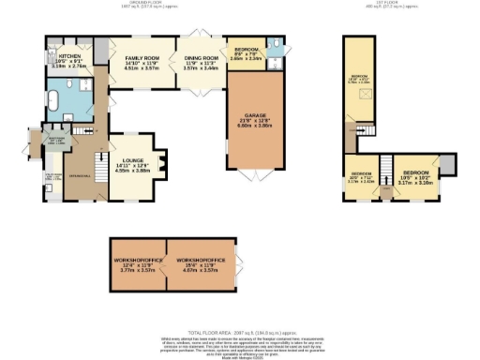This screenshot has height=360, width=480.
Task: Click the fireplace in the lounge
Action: click(159, 165)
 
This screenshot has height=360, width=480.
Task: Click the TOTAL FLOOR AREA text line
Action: click(239, 332)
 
